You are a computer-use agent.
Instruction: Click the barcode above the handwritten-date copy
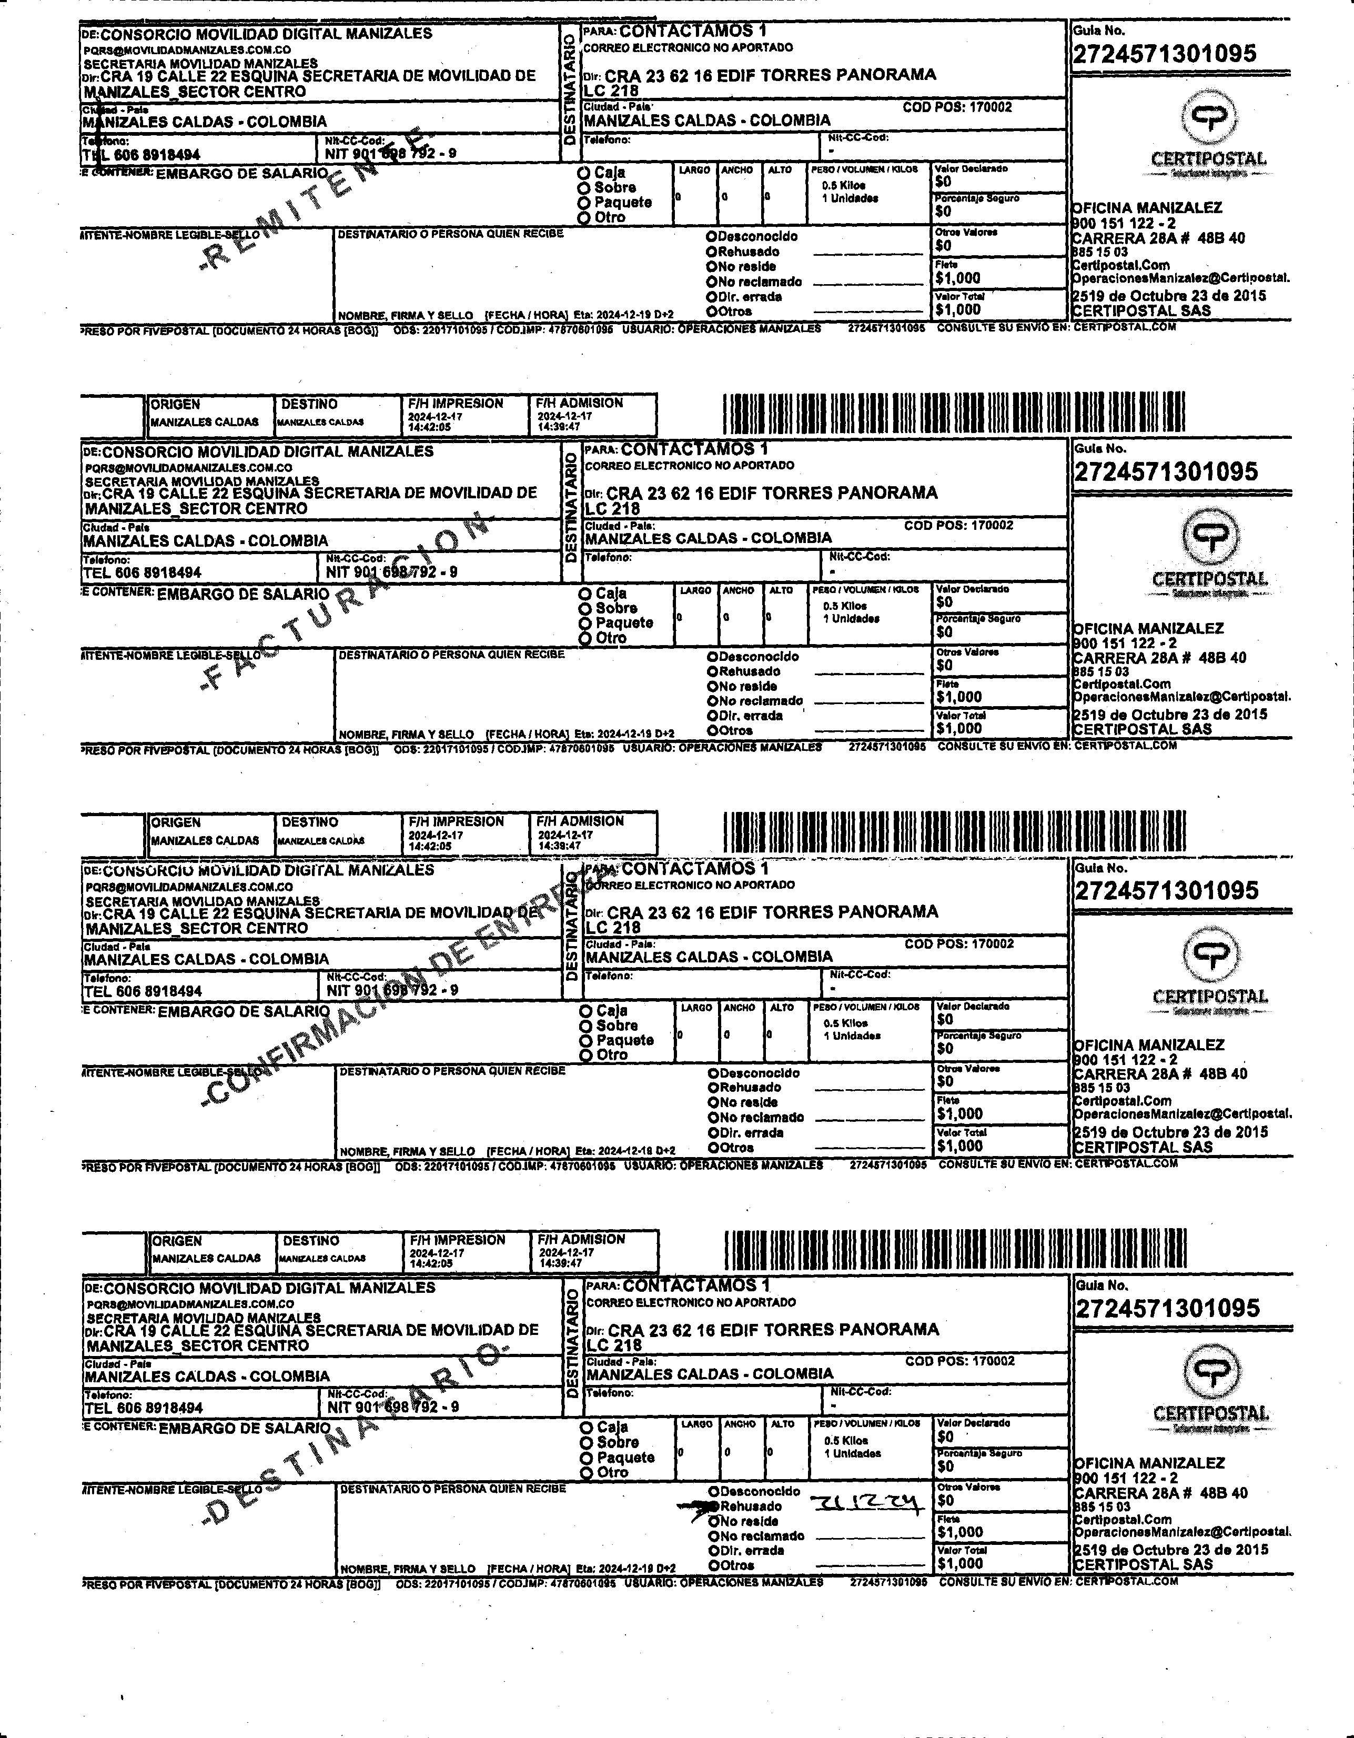(x=955, y=1249)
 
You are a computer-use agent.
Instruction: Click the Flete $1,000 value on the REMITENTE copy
(x=958, y=278)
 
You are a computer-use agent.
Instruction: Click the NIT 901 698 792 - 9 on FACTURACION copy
(x=391, y=572)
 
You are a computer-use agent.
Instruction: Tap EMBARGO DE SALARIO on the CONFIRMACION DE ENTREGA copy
(x=244, y=1011)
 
